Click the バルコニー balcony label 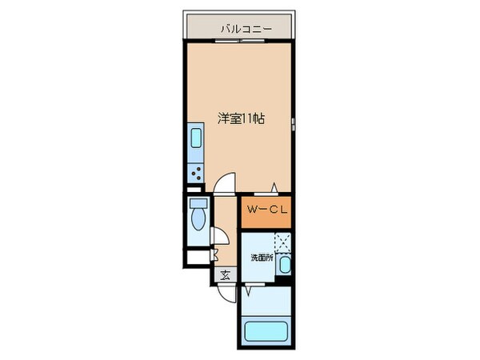point(246,30)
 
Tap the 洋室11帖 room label point(242,118)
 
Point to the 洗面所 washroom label point(262,258)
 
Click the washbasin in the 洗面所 point(286,266)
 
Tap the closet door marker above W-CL point(274,189)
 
